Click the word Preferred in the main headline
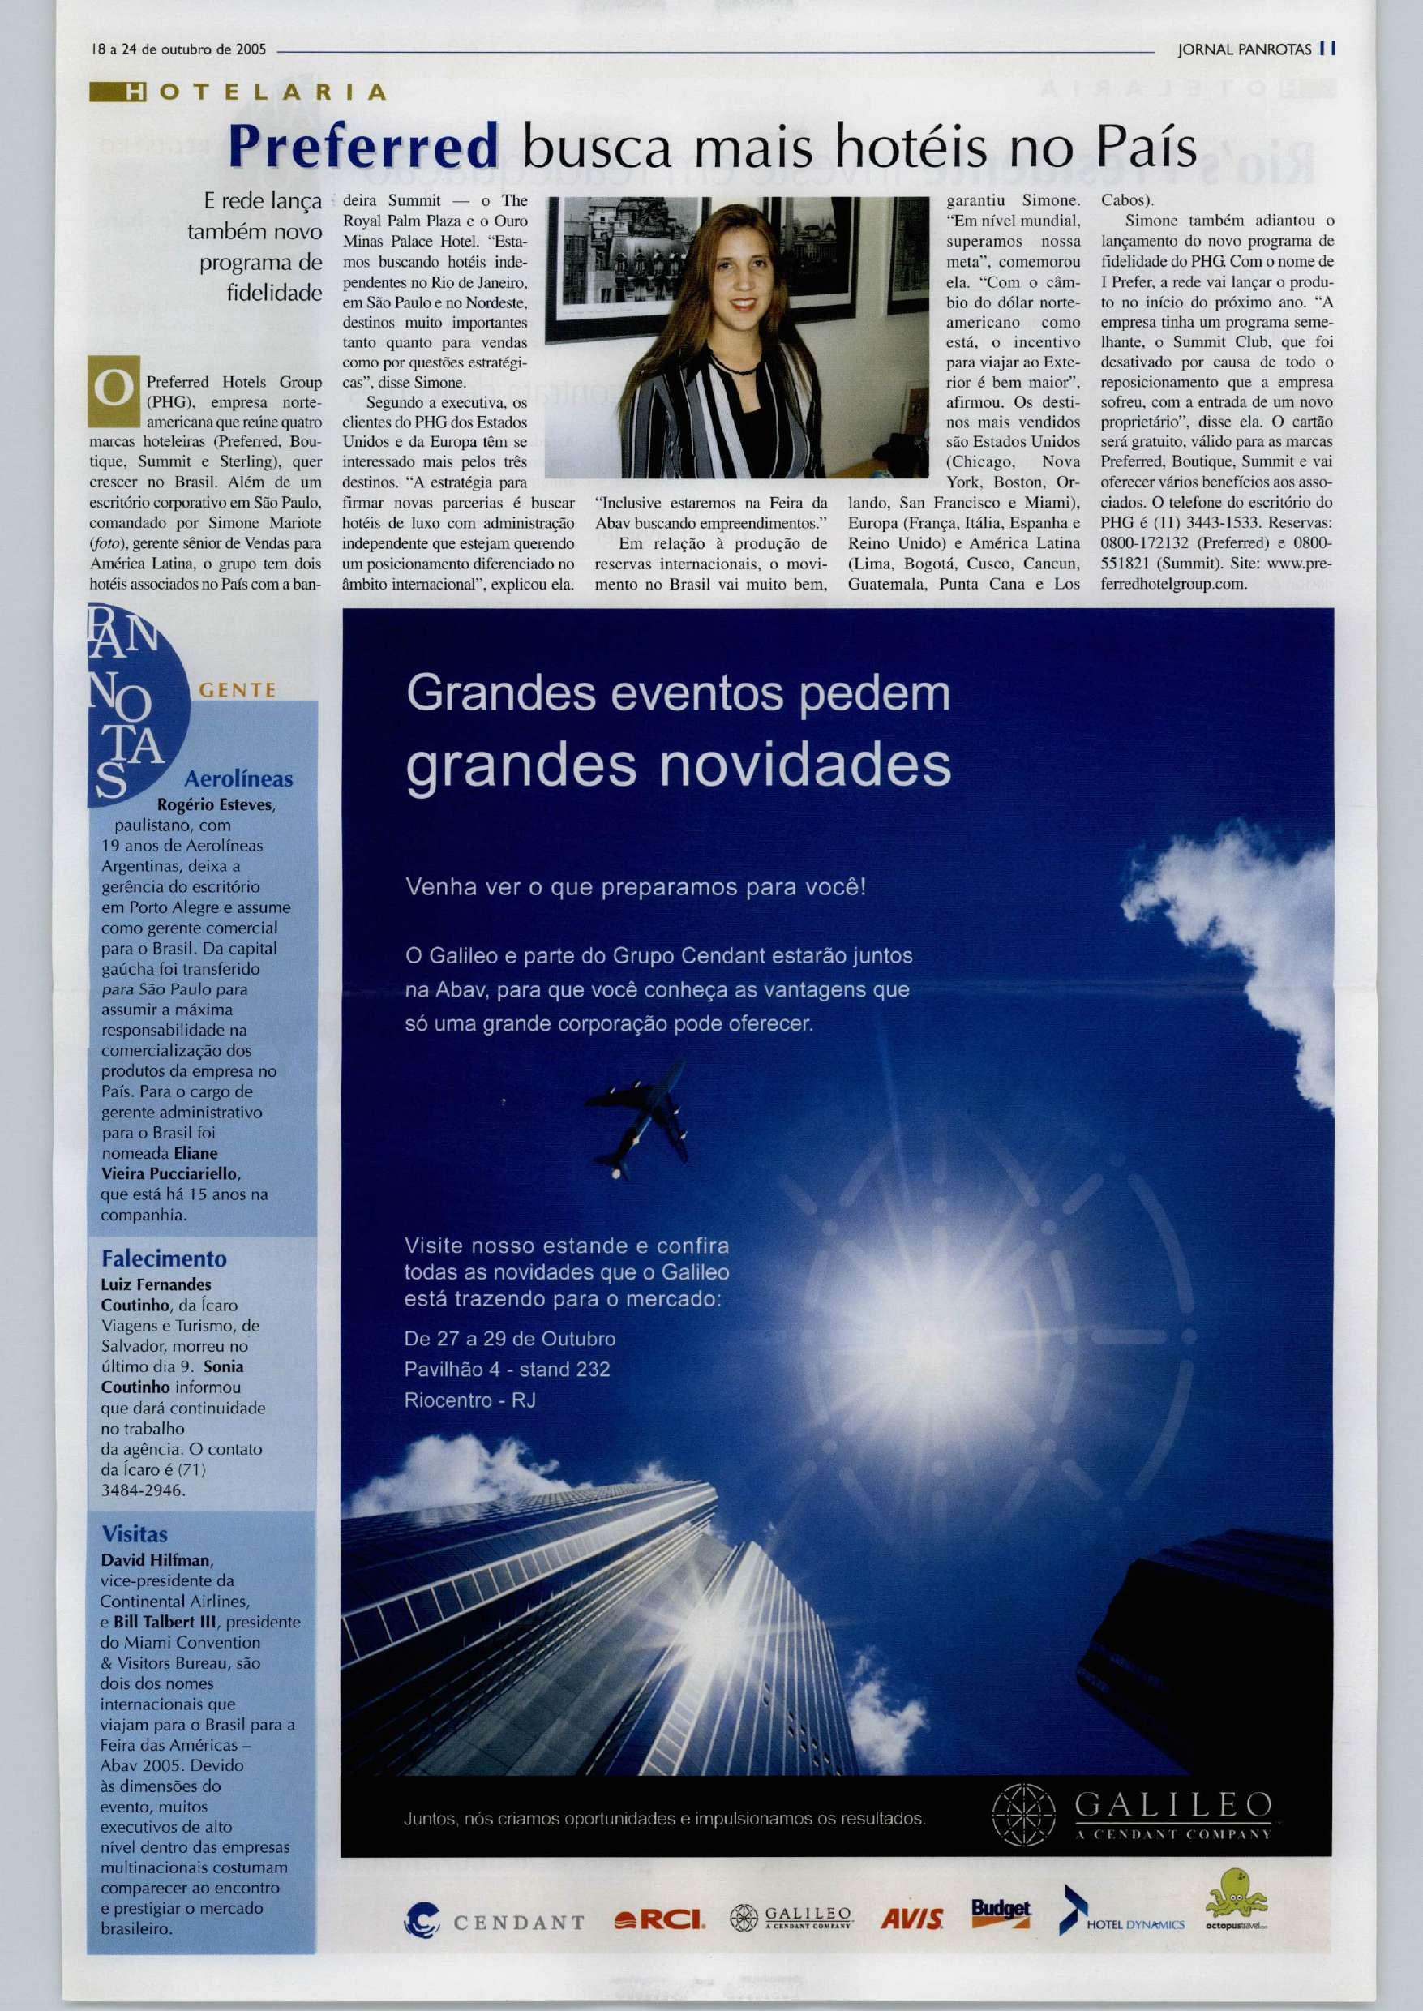(362, 148)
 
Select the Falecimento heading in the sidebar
(164, 1259)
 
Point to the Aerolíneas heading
(238, 779)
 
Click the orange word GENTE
(238, 691)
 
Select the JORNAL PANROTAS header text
(1243, 49)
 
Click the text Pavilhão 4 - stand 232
(507, 1369)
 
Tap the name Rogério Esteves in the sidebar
(216, 804)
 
